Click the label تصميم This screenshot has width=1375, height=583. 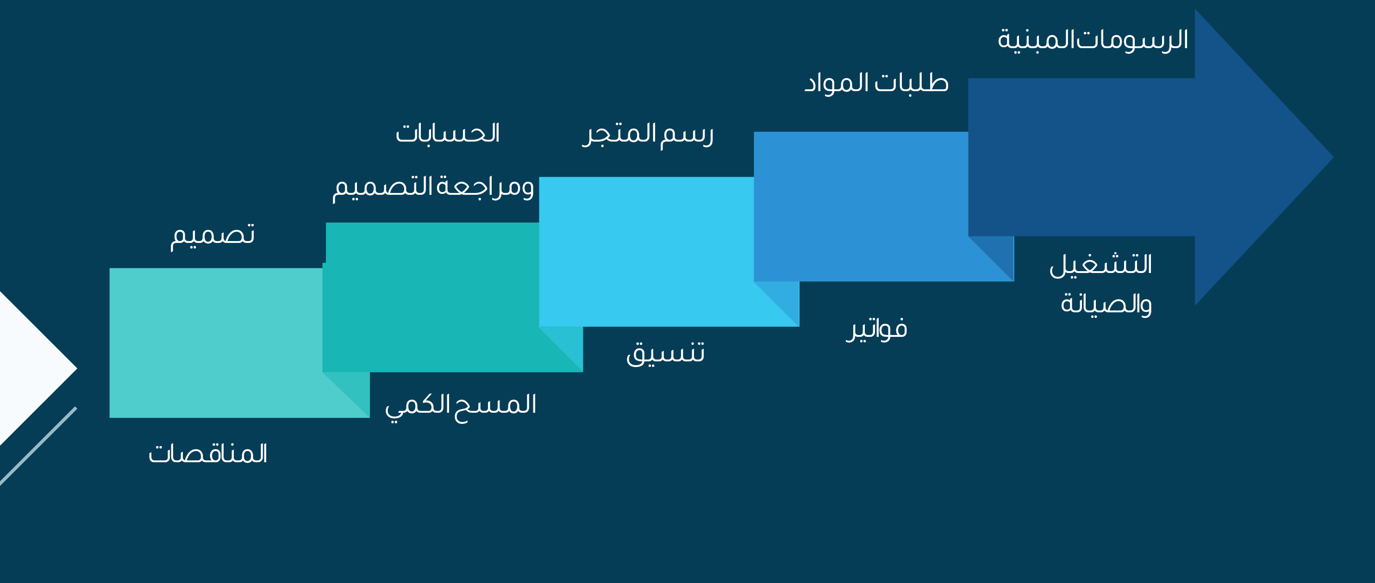click(x=212, y=236)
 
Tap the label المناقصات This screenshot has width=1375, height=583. click(x=207, y=453)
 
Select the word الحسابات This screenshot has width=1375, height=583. click(x=447, y=133)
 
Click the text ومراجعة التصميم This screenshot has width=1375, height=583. click(x=433, y=187)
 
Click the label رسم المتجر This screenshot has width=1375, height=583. click(x=648, y=135)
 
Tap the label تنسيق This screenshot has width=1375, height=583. click(x=665, y=354)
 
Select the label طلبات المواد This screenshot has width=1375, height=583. click(x=876, y=83)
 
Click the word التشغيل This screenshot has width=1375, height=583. click(x=1100, y=265)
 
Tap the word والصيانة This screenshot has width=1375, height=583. click(x=1106, y=304)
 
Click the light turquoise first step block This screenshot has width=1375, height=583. click(x=216, y=342)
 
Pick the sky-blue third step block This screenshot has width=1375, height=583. click(x=646, y=251)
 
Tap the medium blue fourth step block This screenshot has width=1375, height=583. click(x=861, y=206)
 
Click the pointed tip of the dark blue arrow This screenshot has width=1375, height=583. click(x=1333, y=157)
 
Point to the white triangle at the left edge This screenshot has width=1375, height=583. click(x=27, y=368)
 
